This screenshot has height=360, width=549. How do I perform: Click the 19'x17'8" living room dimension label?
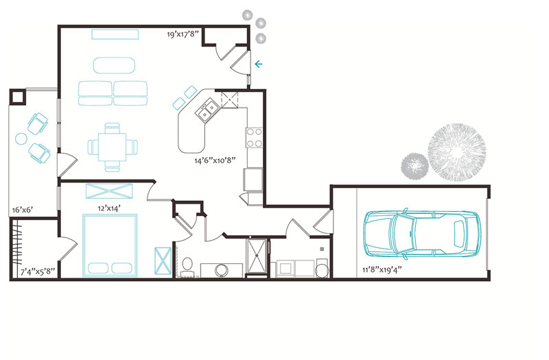tap(183, 34)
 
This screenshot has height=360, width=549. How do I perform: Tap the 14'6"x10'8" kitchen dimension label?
tap(215, 160)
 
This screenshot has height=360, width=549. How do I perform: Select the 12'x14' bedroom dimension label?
tap(109, 208)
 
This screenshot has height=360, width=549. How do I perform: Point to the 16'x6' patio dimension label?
tap(23, 210)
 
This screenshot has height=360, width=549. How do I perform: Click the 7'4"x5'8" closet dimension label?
tap(38, 271)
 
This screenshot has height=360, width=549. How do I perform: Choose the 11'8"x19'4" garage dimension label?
tap(382, 269)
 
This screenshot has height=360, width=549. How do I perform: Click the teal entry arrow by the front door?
tap(259, 64)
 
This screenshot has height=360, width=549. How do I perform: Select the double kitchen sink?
tap(207, 110)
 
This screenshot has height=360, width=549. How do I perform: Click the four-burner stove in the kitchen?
tap(254, 138)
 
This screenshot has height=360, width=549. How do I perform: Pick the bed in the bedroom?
tap(110, 245)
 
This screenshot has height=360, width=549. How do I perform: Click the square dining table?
tap(112, 147)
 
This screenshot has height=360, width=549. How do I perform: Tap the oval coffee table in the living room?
tap(114, 65)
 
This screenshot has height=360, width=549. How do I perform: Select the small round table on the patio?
tap(21, 139)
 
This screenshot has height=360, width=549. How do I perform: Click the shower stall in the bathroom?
tap(257, 255)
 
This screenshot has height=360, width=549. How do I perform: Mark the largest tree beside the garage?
tap(456, 152)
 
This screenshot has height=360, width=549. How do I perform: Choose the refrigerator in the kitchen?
tap(253, 180)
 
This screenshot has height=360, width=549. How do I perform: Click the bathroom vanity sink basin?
tap(221, 270)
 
